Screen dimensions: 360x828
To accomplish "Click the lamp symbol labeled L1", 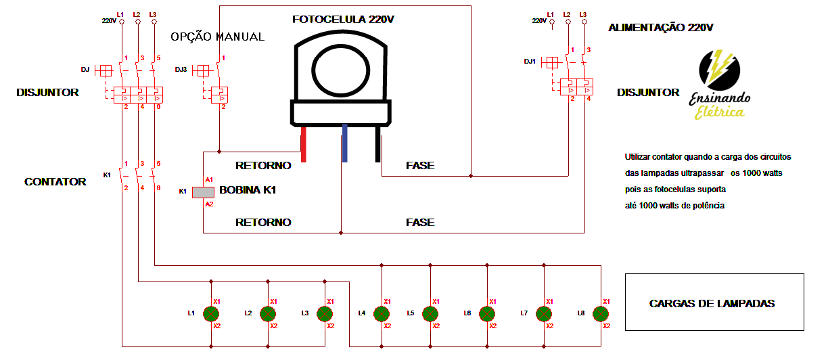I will (212, 313).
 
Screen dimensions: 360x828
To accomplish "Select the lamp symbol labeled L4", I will (382, 313).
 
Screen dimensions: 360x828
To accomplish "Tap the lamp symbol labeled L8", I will (600, 313).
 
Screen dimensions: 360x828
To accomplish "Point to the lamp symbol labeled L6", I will (486, 313).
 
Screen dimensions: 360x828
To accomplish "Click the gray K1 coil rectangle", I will (203, 192).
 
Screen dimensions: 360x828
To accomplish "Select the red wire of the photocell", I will (303, 147).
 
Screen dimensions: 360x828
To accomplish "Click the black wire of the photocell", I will (378, 148).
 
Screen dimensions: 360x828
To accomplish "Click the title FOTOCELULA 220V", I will (343, 20).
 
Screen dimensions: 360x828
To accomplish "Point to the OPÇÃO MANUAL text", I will (217, 37).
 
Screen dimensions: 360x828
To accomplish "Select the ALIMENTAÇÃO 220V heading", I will (660, 28).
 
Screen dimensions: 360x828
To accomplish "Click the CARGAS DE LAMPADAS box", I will (714, 302).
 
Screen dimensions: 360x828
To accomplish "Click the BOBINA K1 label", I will (248, 191).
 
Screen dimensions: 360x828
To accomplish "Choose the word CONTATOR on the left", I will (55, 181).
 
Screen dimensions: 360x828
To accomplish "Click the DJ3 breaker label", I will (181, 70).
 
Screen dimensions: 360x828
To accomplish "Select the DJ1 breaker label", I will (530, 62).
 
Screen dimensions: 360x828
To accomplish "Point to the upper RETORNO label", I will (263, 165).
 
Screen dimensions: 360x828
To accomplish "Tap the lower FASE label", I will (420, 222).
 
